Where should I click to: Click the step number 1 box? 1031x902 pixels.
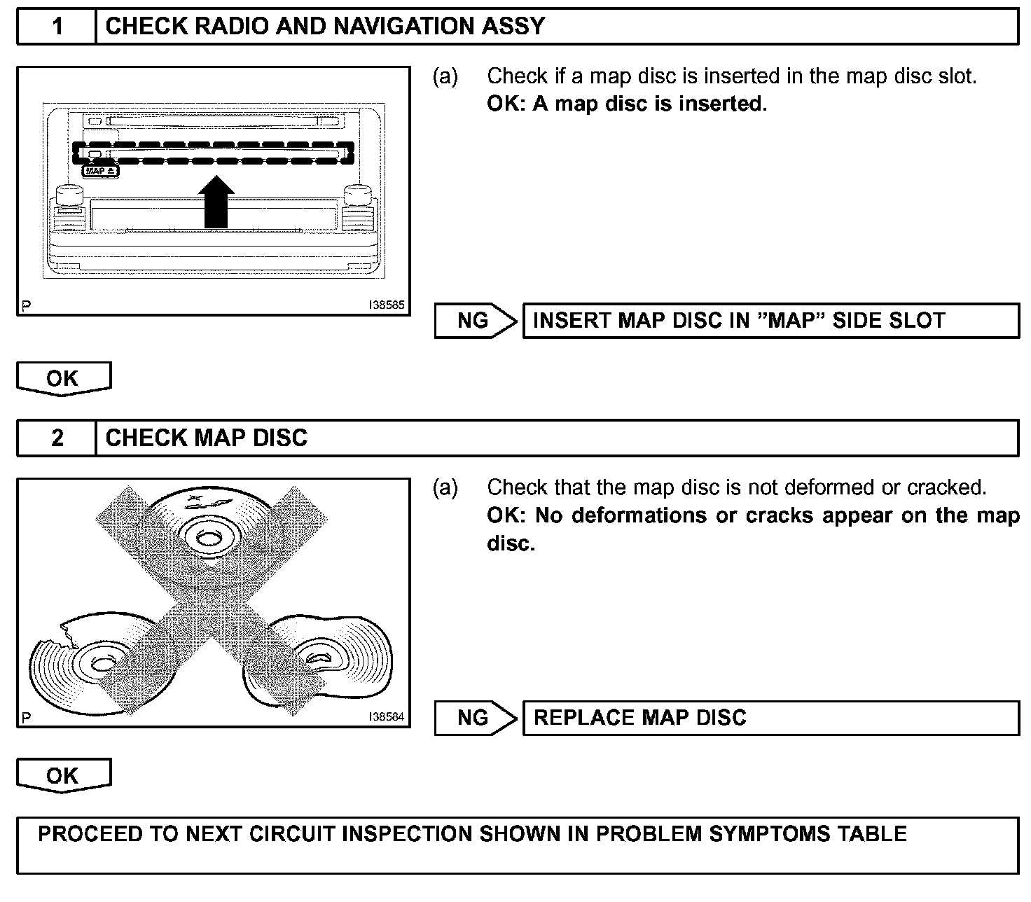[57, 27]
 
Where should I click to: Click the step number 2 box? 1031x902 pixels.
[57, 438]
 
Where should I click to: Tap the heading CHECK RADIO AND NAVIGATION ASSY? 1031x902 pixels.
[325, 27]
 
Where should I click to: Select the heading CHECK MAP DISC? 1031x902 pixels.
[207, 438]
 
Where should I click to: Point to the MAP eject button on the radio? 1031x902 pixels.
[102, 171]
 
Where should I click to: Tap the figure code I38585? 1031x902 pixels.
[387, 305]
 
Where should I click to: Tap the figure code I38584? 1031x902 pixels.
[387, 717]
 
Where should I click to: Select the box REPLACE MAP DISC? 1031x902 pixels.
[770, 718]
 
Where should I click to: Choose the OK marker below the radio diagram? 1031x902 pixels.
[63, 378]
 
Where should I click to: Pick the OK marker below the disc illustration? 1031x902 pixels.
[63, 775]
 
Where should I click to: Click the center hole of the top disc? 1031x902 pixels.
[206, 538]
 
